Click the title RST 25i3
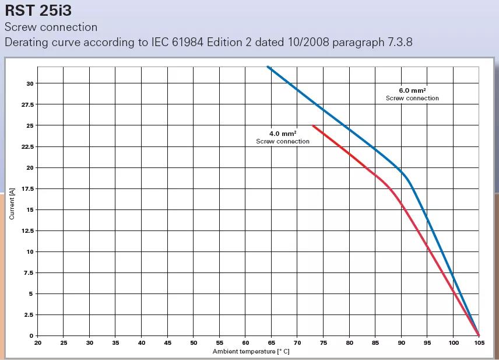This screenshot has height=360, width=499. [38, 11]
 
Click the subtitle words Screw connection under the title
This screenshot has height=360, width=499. [51, 27]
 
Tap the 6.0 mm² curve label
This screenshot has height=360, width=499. [412, 90]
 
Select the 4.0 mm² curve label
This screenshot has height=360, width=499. [283, 134]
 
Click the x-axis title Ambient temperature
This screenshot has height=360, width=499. [251, 351]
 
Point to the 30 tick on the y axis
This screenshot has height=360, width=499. [30, 83]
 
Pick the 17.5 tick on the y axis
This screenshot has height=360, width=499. [27, 188]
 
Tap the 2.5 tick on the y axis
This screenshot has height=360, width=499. [29, 314]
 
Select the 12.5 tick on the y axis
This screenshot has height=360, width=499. [27, 230]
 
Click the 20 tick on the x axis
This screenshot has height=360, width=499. [37, 343]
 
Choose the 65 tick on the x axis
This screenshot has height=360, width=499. [272, 343]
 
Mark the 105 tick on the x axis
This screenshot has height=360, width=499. [479, 343]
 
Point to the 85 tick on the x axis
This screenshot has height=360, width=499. [375, 343]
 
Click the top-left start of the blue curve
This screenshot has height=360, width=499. [268, 67]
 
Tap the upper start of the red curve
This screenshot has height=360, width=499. [313, 125]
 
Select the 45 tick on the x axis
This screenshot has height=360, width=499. [167, 343]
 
